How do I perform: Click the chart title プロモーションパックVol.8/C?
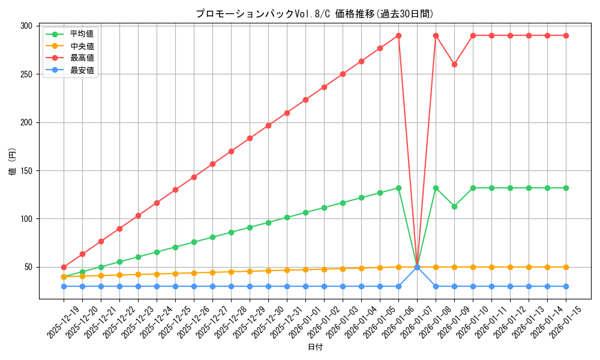pyautogui.click(x=314, y=14)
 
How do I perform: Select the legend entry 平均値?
pyautogui.click(x=82, y=34)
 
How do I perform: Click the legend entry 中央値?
pyautogui.click(x=82, y=46)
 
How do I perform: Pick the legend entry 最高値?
pyautogui.click(x=82, y=58)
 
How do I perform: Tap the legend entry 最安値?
pyautogui.click(x=82, y=70)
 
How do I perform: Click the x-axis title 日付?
pyautogui.click(x=315, y=347)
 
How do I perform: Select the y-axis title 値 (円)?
pyautogui.click(x=13, y=161)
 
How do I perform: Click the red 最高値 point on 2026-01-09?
pyautogui.click(x=454, y=64)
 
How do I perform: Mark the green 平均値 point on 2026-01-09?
pyautogui.click(x=454, y=206)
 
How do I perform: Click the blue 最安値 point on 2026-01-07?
pyautogui.click(x=417, y=267)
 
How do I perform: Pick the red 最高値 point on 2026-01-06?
pyautogui.click(x=398, y=35)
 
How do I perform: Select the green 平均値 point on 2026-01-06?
pyautogui.click(x=398, y=188)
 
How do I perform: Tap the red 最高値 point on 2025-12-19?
pyautogui.click(x=64, y=267)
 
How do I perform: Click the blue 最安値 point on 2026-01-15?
pyautogui.click(x=566, y=286)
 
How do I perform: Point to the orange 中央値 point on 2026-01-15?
pyautogui.click(x=566, y=267)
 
